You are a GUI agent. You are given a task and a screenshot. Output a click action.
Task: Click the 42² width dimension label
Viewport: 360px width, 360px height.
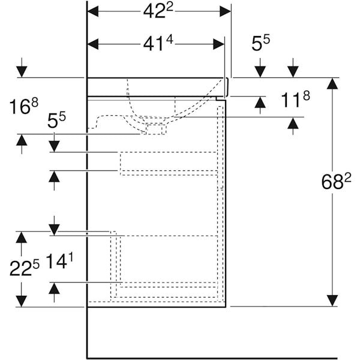(x=158, y=11)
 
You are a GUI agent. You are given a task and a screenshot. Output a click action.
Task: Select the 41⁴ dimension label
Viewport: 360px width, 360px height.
(x=158, y=44)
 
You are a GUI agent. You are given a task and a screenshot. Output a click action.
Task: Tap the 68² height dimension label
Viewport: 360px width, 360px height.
(x=337, y=181)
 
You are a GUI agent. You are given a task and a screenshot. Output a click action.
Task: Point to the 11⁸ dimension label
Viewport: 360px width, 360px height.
(x=295, y=99)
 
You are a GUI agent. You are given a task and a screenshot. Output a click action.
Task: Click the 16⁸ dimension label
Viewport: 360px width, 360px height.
(x=23, y=106)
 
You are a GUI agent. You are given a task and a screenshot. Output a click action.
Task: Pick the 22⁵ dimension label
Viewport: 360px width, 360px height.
(x=25, y=268)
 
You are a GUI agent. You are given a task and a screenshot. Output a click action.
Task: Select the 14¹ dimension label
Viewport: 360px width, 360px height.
(x=59, y=262)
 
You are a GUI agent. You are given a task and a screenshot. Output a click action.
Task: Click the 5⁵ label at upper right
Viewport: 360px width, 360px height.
(x=261, y=43)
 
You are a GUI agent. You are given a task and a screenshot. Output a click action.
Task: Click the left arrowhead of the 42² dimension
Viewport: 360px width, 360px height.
(x=93, y=11)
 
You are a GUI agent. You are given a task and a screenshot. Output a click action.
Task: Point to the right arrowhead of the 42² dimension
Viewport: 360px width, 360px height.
(x=225, y=11)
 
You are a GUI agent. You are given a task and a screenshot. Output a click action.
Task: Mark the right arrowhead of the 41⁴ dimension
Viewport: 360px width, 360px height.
(x=218, y=44)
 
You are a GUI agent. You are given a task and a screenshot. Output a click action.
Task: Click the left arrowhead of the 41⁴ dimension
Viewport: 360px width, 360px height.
(x=93, y=44)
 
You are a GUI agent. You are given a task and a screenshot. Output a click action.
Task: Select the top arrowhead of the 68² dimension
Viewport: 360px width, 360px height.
(x=332, y=83)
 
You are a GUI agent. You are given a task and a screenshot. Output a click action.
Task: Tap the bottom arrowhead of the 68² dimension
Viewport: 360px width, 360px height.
(x=332, y=301)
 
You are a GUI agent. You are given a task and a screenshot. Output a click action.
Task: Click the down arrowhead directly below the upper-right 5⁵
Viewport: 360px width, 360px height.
(x=260, y=72)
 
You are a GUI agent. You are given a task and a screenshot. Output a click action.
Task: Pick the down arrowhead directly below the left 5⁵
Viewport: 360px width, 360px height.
(x=54, y=146)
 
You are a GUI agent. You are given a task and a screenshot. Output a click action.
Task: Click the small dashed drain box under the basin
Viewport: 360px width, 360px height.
(x=154, y=129)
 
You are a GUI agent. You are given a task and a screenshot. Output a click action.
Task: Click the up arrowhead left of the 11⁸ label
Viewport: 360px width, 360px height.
(x=260, y=102)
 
